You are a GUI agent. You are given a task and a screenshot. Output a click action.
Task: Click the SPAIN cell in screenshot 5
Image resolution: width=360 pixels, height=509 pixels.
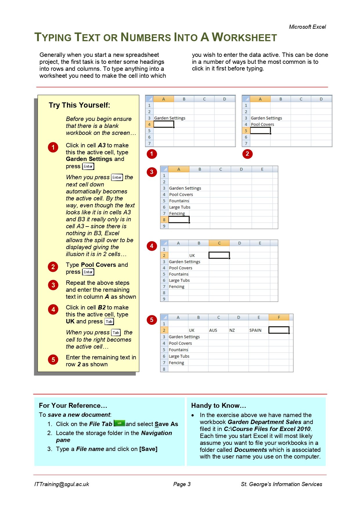coord(255,330)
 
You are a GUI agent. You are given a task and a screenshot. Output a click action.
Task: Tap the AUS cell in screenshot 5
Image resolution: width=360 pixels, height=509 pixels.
coord(213,330)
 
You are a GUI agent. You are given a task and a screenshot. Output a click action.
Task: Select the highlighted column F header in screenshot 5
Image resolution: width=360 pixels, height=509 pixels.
coord(279,317)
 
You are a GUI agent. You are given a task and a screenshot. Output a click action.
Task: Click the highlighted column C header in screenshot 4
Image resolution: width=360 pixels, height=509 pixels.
coord(219,243)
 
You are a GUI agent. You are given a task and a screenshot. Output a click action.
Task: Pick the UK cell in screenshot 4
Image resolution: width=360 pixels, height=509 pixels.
coord(192,256)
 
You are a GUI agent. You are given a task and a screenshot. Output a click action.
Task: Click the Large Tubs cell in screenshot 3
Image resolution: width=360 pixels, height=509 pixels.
coord(180,207)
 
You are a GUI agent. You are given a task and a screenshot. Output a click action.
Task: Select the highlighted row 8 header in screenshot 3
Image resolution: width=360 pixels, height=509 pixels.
coord(164,220)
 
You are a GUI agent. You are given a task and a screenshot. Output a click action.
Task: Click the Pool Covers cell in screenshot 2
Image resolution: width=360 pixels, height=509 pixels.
coord(262,124)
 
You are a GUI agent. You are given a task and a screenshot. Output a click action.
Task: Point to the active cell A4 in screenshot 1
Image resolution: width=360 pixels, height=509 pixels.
coord(164,124)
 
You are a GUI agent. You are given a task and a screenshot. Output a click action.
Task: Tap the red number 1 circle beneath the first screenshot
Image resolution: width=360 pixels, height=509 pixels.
coord(151,154)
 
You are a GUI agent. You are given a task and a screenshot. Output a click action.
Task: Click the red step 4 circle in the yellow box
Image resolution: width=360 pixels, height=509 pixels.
coord(53,309)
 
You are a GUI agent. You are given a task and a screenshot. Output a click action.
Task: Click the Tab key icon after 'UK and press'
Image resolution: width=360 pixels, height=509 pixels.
coord(109,322)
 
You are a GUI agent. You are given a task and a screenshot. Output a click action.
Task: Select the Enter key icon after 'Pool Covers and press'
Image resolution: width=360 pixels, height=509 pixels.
coord(88,272)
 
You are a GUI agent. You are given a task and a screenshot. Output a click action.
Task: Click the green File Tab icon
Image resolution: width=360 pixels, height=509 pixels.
coord(119,423)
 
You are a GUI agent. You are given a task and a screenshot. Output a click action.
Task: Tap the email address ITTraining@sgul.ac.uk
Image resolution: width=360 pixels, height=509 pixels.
coord(61,484)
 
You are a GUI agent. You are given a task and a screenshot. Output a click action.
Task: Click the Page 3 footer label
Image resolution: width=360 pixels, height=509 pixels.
coord(182,484)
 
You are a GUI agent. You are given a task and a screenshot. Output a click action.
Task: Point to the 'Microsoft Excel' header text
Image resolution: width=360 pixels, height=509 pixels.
coord(307,27)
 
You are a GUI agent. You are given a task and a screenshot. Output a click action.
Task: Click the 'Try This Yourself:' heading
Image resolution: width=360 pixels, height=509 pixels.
coord(79,105)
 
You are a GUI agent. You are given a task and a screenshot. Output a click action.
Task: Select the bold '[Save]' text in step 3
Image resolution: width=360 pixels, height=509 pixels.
coord(148,449)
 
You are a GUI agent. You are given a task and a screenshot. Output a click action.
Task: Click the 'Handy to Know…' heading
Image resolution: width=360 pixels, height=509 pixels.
coord(218,405)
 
